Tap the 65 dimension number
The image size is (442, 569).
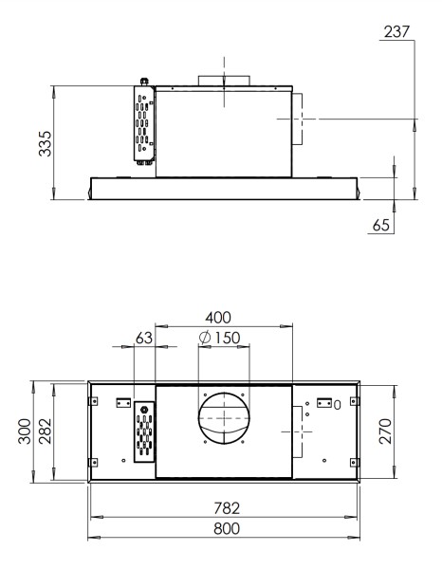click(381, 226)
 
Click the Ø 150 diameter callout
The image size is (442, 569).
click(219, 338)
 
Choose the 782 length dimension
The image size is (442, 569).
click(224, 508)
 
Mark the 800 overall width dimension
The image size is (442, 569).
click(224, 528)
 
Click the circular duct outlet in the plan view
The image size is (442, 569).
click(222, 419)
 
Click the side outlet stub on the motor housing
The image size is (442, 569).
click(295, 119)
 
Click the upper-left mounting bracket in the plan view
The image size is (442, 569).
click(122, 402)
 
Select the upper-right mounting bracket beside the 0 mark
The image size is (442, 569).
click(325, 402)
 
